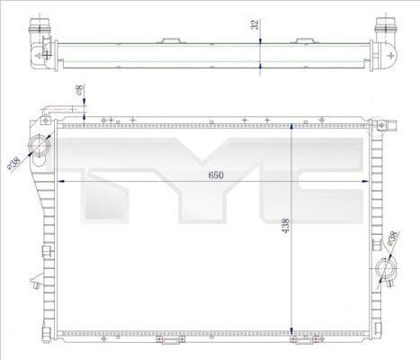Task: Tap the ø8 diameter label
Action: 81,92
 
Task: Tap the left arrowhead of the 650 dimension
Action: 61,181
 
